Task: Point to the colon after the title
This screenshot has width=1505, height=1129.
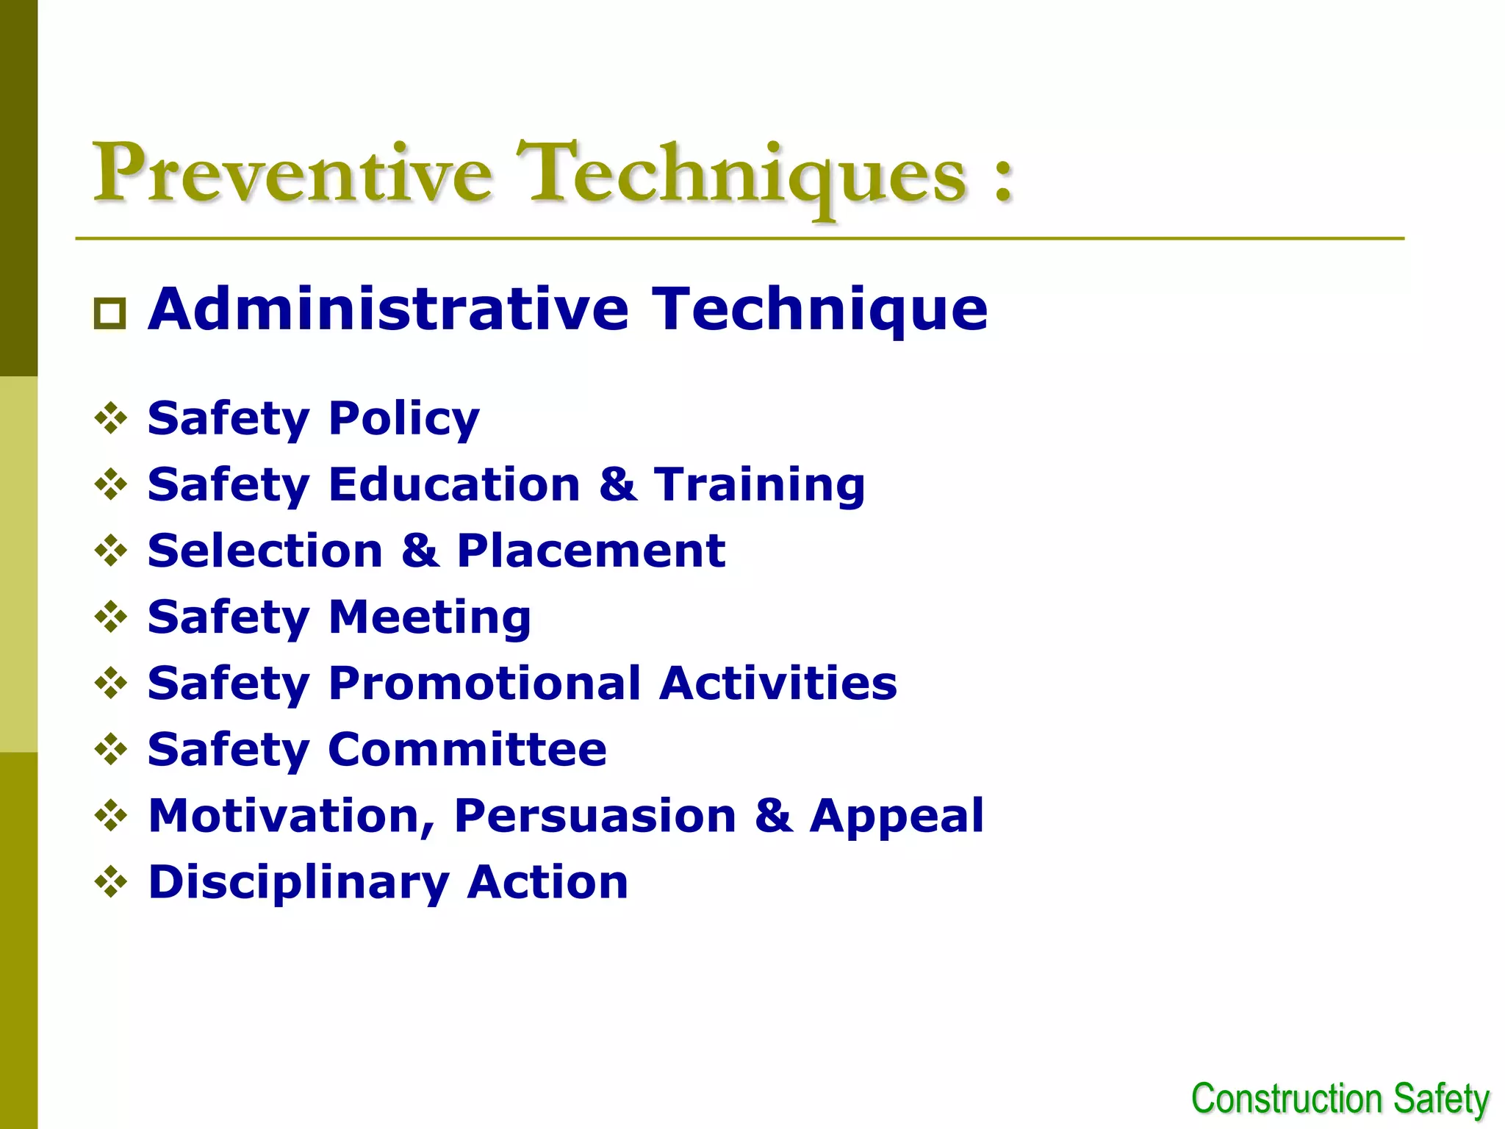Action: tap(1004, 180)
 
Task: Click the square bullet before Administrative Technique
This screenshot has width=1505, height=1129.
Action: tap(110, 314)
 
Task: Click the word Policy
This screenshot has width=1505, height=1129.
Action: tap(403, 419)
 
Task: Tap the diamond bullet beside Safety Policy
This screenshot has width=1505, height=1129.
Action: tap(111, 418)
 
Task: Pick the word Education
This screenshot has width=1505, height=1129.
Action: tap(454, 485)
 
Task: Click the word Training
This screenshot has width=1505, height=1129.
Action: tap(760, 485)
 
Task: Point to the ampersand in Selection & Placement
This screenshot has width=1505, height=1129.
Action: tap(420, 551)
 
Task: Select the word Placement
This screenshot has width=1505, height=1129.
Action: tap(591, 551)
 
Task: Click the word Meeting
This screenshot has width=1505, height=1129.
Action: tap(429, 617)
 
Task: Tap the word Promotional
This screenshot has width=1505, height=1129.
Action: tap(485, 684)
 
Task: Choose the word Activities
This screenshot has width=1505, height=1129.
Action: tap(777, 684)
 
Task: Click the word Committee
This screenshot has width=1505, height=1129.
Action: tap(467, 750)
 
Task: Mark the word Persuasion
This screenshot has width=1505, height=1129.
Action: tap(595, 816)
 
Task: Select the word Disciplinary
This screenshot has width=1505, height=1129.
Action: tap(298, 883)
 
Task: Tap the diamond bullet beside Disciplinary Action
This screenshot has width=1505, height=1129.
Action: tap(111, 881)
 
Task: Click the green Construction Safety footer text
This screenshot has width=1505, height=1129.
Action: tap(1340, 1100)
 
